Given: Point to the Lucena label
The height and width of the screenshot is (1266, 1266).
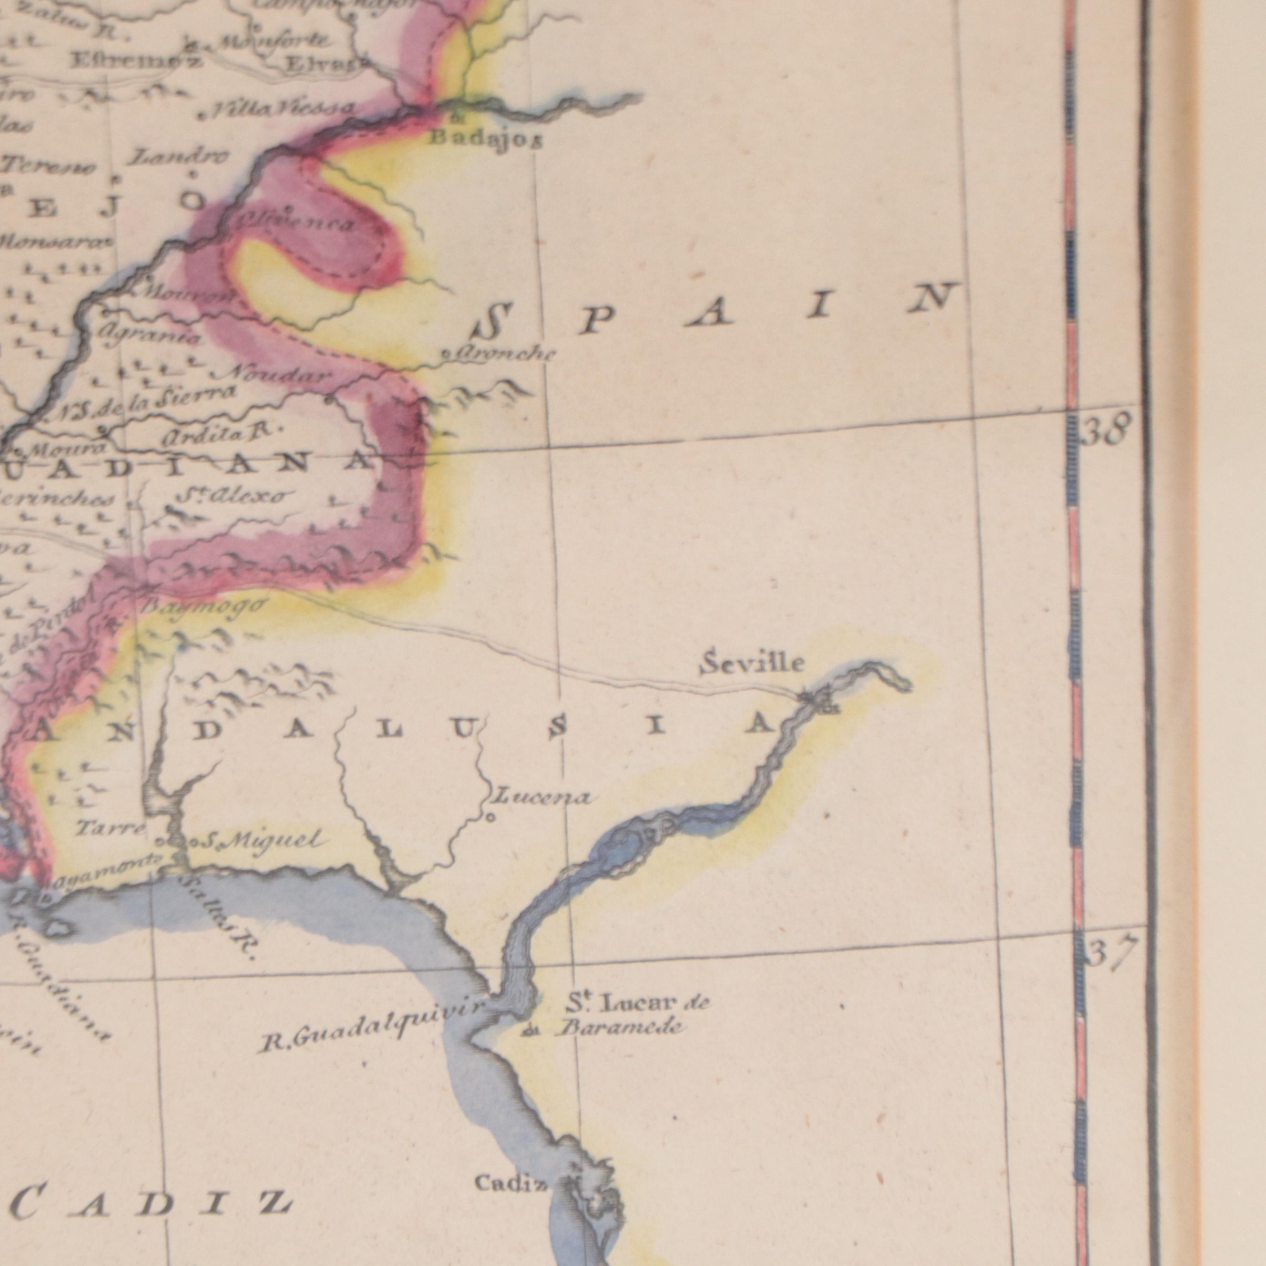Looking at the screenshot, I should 541,797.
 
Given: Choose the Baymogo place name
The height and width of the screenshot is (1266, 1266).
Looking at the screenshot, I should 204,605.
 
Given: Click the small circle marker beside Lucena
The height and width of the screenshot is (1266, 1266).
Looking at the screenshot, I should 490,817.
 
